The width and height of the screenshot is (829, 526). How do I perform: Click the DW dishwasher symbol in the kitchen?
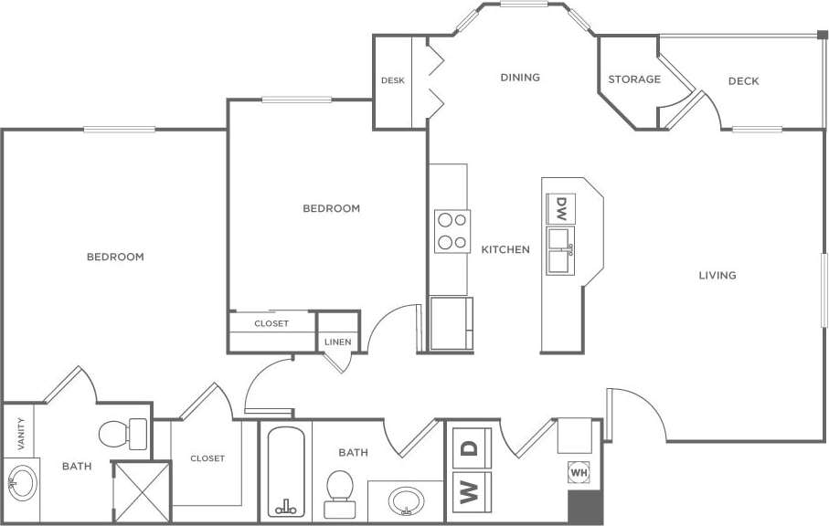pyautogui.click(x=561, y=208)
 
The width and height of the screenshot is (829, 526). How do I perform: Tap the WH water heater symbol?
pyautogui.click(x=578, y=473)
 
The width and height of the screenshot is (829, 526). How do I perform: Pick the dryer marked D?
pyautogui.click(x=470, y=449)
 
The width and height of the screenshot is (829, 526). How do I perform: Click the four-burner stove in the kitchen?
pyautogui.click(x=452, y=231)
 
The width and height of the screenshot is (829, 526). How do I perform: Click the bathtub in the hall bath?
pyautogui.click(x=286, y=472)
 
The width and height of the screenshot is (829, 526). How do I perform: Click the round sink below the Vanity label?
pyautogui.click(x=21, y=481)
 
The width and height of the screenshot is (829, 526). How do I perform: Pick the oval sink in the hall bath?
pyautogui.click(x=405, y=500)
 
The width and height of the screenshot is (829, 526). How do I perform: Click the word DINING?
pyautogui.click(x=520, y=78)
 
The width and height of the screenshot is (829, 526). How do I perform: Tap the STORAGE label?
pyautogui.click(x=634, y=79)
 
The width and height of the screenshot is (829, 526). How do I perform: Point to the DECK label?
pyautogui.click(x=743, y=81)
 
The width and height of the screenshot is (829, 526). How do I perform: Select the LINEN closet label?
pyautogui.click(x=336, y=342)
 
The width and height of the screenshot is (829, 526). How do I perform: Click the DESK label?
pyautogui.click(x=393, y=80)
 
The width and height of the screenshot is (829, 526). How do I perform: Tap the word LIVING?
pyautogui.click(x=717, y=275)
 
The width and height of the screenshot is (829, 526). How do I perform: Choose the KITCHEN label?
pyautogui.click(x=505, y=249)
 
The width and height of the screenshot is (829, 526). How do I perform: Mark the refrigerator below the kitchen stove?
pyautogui.click(x=451, y=323)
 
